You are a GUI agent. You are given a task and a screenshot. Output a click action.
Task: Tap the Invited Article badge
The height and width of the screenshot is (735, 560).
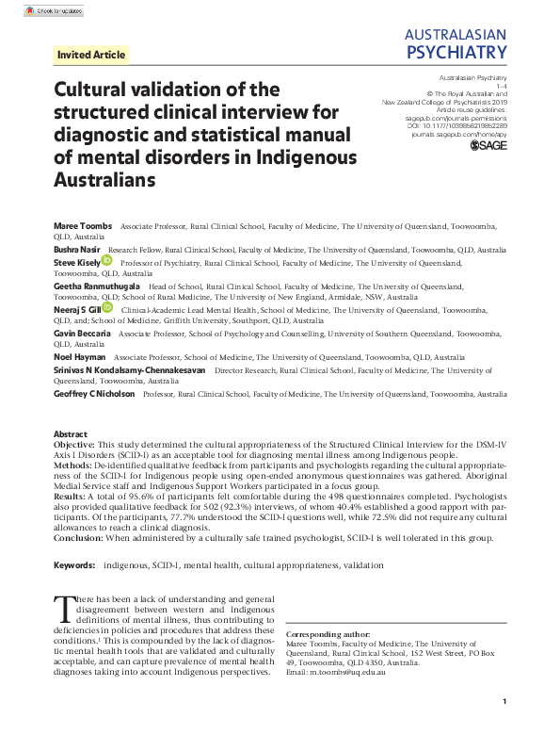(91, 55)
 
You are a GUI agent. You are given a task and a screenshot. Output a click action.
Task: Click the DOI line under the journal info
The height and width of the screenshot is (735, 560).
(458, 124)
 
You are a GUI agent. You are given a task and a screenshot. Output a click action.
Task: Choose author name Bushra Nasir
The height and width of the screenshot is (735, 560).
(76, 250)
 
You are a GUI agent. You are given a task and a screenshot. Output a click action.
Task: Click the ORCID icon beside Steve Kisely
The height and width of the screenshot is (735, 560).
(107, 260)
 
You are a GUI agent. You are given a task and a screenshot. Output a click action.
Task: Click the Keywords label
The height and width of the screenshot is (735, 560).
(75, 565)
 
